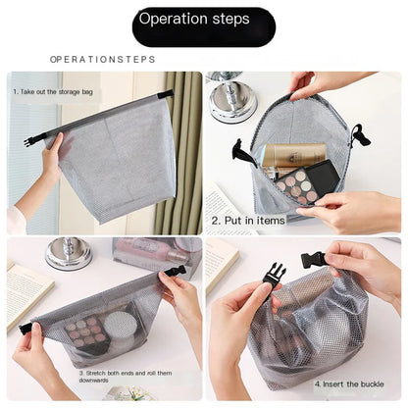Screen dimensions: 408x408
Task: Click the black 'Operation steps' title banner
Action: tap(203, 20)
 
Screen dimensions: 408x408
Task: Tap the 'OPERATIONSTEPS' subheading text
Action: tap(102, 59)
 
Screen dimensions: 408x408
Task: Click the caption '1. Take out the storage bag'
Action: tap(55, 91)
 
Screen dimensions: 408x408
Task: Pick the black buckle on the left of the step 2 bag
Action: tap(242, 153)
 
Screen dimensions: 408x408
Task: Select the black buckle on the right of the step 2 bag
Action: tap(360, 135)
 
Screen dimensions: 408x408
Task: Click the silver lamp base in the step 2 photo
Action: tap(232, 102)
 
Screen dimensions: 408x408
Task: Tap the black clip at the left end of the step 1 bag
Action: tap(29, 141)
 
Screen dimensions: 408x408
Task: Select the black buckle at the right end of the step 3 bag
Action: tap(175, 270)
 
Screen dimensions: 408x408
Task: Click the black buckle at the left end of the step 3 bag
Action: tap(25, 329)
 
